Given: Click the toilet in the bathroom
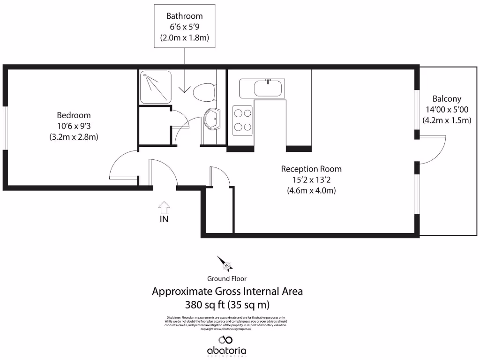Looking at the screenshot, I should (204, 91).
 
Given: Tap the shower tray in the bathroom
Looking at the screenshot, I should (155, 87).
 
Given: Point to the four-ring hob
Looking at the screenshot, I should (243, 120).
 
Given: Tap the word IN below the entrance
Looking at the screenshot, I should (165, 219).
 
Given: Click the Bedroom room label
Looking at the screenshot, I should (74, 115).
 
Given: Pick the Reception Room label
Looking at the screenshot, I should (311, 169).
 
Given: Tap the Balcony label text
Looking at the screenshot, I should (447, 99).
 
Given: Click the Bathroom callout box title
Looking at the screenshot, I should (185, 16).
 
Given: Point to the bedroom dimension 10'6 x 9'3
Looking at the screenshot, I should (74, 126).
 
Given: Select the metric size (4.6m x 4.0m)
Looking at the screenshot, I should (311, 191).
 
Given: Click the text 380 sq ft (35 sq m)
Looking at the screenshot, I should (227, 305).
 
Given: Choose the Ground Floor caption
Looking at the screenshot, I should (227, 278).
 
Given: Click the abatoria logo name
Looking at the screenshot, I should (227, 351).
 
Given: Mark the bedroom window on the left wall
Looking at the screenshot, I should (5, 127).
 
